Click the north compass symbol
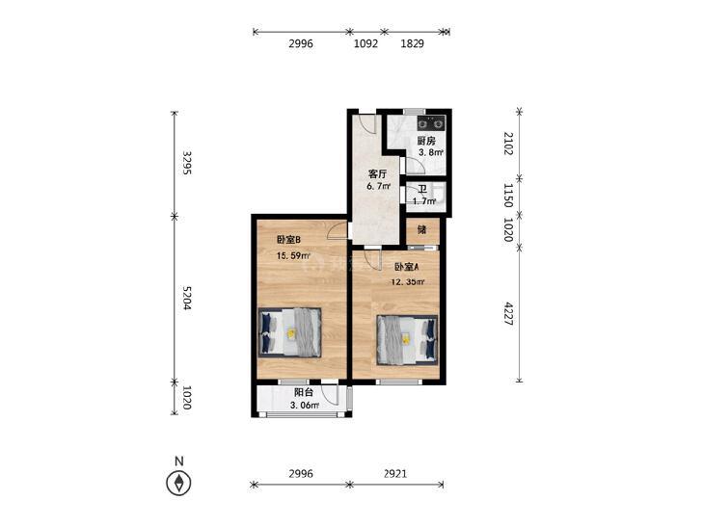pyautogui.click(x=179, y=483)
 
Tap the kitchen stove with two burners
pyautogui.click(x=431, y=122)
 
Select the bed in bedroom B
pyautogui.click(x=290, y=332)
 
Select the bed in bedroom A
pyautogui.click(x=407, y=340)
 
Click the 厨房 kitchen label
pyautogui.click(x=426, y=141)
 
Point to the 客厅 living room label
pyautogui.click(x=377, y=174)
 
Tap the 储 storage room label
pyautogui.click(x=421, y=230)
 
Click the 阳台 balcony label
pyautogui.click(x=304, y=393)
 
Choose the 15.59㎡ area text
pyautogui.click(x=294, y=256)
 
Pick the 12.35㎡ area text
pyautogui.click(x=408, y=282)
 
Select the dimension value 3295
pyautogui.click(x=186, y=163)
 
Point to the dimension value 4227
pyautogui.click(x=508, y=313)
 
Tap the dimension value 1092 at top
pyautogui.click(x=365, y=43)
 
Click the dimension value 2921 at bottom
pyautogui.click(x=395, y=474)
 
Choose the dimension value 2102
pyautogui.click(x=508, y=144)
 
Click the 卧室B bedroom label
pyautogui.click(x=288, y=240)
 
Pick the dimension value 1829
pyautogui.click(x=412, y=43)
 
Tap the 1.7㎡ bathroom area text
pyautogui.click(x=424, y=201)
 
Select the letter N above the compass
pyautogui.click(x=179, y=461)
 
